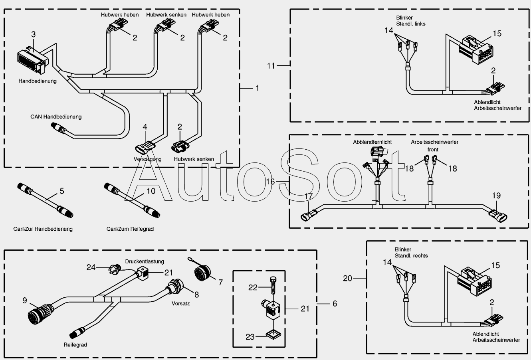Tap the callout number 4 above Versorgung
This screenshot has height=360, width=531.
pyautogui.click(x=145, y=127)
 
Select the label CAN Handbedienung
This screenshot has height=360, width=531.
pyautogui.click(x=56, y=117)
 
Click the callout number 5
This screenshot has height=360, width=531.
pyautogui.click(x=62, y=191)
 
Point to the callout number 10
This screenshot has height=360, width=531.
pyautogui.click(x=151, y=191)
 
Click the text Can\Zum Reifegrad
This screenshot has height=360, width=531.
pyautogui.click(x=130, y=229)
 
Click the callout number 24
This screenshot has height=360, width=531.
pyautogui.click(x=91, y=267)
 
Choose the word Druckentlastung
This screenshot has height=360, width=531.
pyautogui.click(x=144, y=261)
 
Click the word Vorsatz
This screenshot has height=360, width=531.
pyautogui.click(x=180, y=303)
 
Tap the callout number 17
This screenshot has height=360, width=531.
pyautogui.click(x=309, y=196)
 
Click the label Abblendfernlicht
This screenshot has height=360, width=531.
pyautogui.click(x=372, y=142)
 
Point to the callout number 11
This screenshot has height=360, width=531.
pyautogui.click(x=271, y=65)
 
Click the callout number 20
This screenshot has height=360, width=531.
pyautogui.click(x=348, y=278)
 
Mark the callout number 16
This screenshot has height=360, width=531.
pyautogui.click(x=271, y=182)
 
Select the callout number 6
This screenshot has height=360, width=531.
pyautogui.click(x=335, y=304)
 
